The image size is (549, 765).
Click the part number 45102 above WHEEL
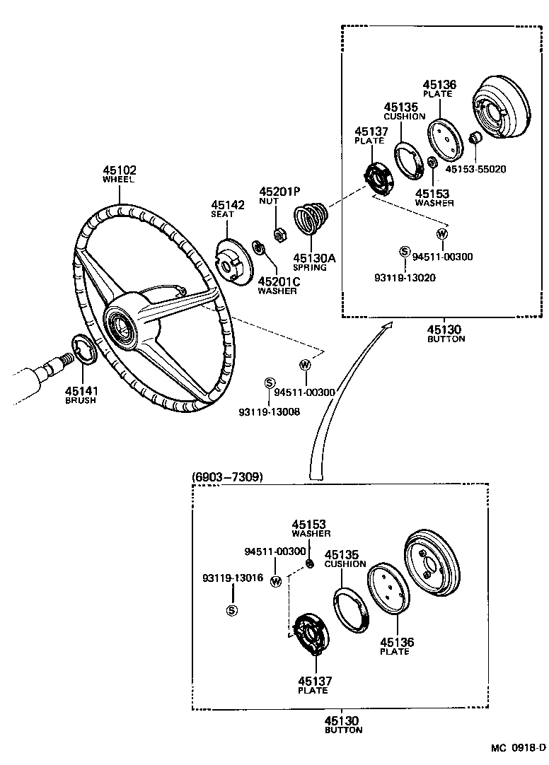(119, 170)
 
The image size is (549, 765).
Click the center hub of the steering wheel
(122, 327)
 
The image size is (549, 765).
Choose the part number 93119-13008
(268, 411)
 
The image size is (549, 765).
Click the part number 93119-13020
(405, 277)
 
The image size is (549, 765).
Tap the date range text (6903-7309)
(227, 477)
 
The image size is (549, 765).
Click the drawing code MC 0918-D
(519, 748)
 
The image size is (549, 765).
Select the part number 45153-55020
(476, 169)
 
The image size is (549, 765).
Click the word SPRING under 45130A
(311, 268)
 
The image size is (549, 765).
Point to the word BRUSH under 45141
(80, 400)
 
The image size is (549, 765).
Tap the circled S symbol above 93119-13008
(269, 382)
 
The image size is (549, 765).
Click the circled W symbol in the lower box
(276, 581)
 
